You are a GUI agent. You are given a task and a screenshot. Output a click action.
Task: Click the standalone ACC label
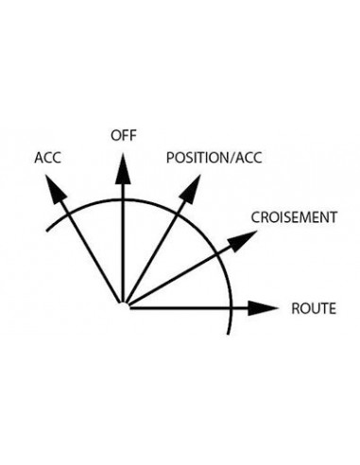[47, 158]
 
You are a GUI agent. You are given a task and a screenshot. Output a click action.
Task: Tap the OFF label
[124, 135]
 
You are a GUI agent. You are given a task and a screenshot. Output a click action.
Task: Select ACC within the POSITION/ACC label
[249, 158]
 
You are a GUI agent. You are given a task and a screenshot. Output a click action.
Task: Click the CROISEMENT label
[294, 217]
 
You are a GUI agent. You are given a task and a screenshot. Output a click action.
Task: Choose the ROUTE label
[314, 308]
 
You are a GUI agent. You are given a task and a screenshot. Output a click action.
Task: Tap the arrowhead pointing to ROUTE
[264, 308]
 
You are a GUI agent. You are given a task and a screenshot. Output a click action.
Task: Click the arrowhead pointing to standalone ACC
[55, 189]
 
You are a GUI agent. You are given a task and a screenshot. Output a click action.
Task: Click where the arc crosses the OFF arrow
[123, 199]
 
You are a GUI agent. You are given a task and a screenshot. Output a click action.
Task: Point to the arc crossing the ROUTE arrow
[231, 308]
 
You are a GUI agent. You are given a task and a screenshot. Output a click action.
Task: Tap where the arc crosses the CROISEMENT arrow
[216, 254]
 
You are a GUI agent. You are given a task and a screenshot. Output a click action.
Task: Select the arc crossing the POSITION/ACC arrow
[176, 215]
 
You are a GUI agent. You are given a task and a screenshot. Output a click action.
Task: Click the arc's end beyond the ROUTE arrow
[228, 334]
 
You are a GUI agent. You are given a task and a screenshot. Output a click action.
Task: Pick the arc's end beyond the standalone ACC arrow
[47, 231]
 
